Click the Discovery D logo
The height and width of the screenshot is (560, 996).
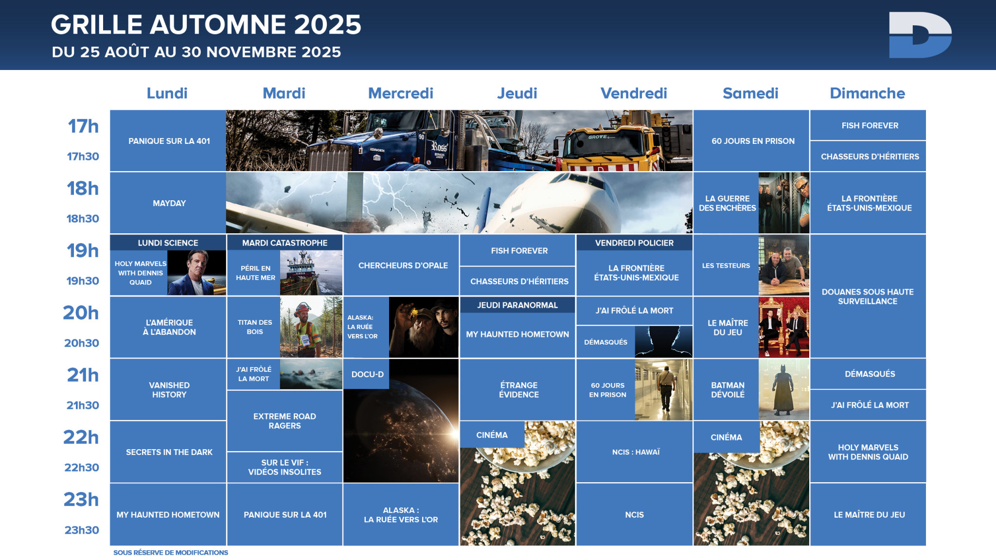click(x=920, y=35)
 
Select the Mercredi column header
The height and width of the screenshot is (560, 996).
click(x=401, y=93)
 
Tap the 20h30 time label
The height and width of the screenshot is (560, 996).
click(x=82, y=343)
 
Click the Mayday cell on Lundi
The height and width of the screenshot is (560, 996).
click(x=168, y=203)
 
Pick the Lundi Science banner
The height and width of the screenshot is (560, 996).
click(x=168, y=243)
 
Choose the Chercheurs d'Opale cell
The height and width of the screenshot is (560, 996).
click(x=401, y=265)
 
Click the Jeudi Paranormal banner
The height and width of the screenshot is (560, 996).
click(x=517, y=305)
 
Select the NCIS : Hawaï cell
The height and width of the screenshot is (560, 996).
click(x=635, y=452)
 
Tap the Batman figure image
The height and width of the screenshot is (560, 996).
click(x=784, y=389)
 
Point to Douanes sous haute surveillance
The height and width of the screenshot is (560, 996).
click(x=868, y=296)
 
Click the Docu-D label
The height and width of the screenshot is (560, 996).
click(x=367, y=374)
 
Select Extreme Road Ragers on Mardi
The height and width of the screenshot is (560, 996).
click(x=285, y=420)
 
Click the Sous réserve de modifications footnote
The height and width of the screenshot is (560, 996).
click(x=171, y=552)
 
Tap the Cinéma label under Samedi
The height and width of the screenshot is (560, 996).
click(x=727, y=437)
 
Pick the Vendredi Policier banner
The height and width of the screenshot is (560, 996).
click(x=635, y=243)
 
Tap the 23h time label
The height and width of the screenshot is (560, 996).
click(x=81, y=499)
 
